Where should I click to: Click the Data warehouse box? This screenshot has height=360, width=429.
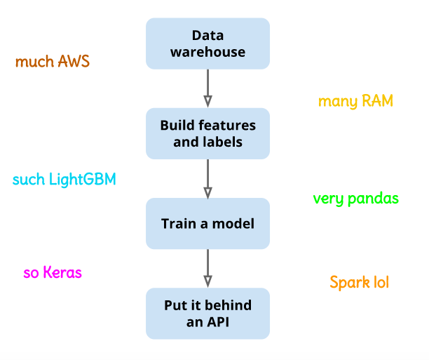point(207,44)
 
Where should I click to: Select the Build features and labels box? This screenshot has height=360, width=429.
point(207,133)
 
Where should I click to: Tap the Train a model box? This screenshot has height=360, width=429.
point(207,223)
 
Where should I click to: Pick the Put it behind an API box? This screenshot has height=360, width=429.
point(207,313)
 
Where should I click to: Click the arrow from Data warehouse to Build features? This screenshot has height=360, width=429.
point(207,88)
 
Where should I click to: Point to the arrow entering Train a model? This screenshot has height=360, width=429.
point(207,178)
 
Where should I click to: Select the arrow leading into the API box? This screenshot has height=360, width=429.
point(207,268)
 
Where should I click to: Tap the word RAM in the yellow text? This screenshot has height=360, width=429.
point(377,101)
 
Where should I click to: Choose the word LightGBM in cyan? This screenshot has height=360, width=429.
point(82,180)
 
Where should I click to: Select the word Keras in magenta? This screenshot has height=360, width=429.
point(62,273)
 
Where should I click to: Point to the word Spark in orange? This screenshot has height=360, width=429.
point(347,283)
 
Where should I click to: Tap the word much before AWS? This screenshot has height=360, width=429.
point(33,62)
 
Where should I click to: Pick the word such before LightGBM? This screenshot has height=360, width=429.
point(29,180)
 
